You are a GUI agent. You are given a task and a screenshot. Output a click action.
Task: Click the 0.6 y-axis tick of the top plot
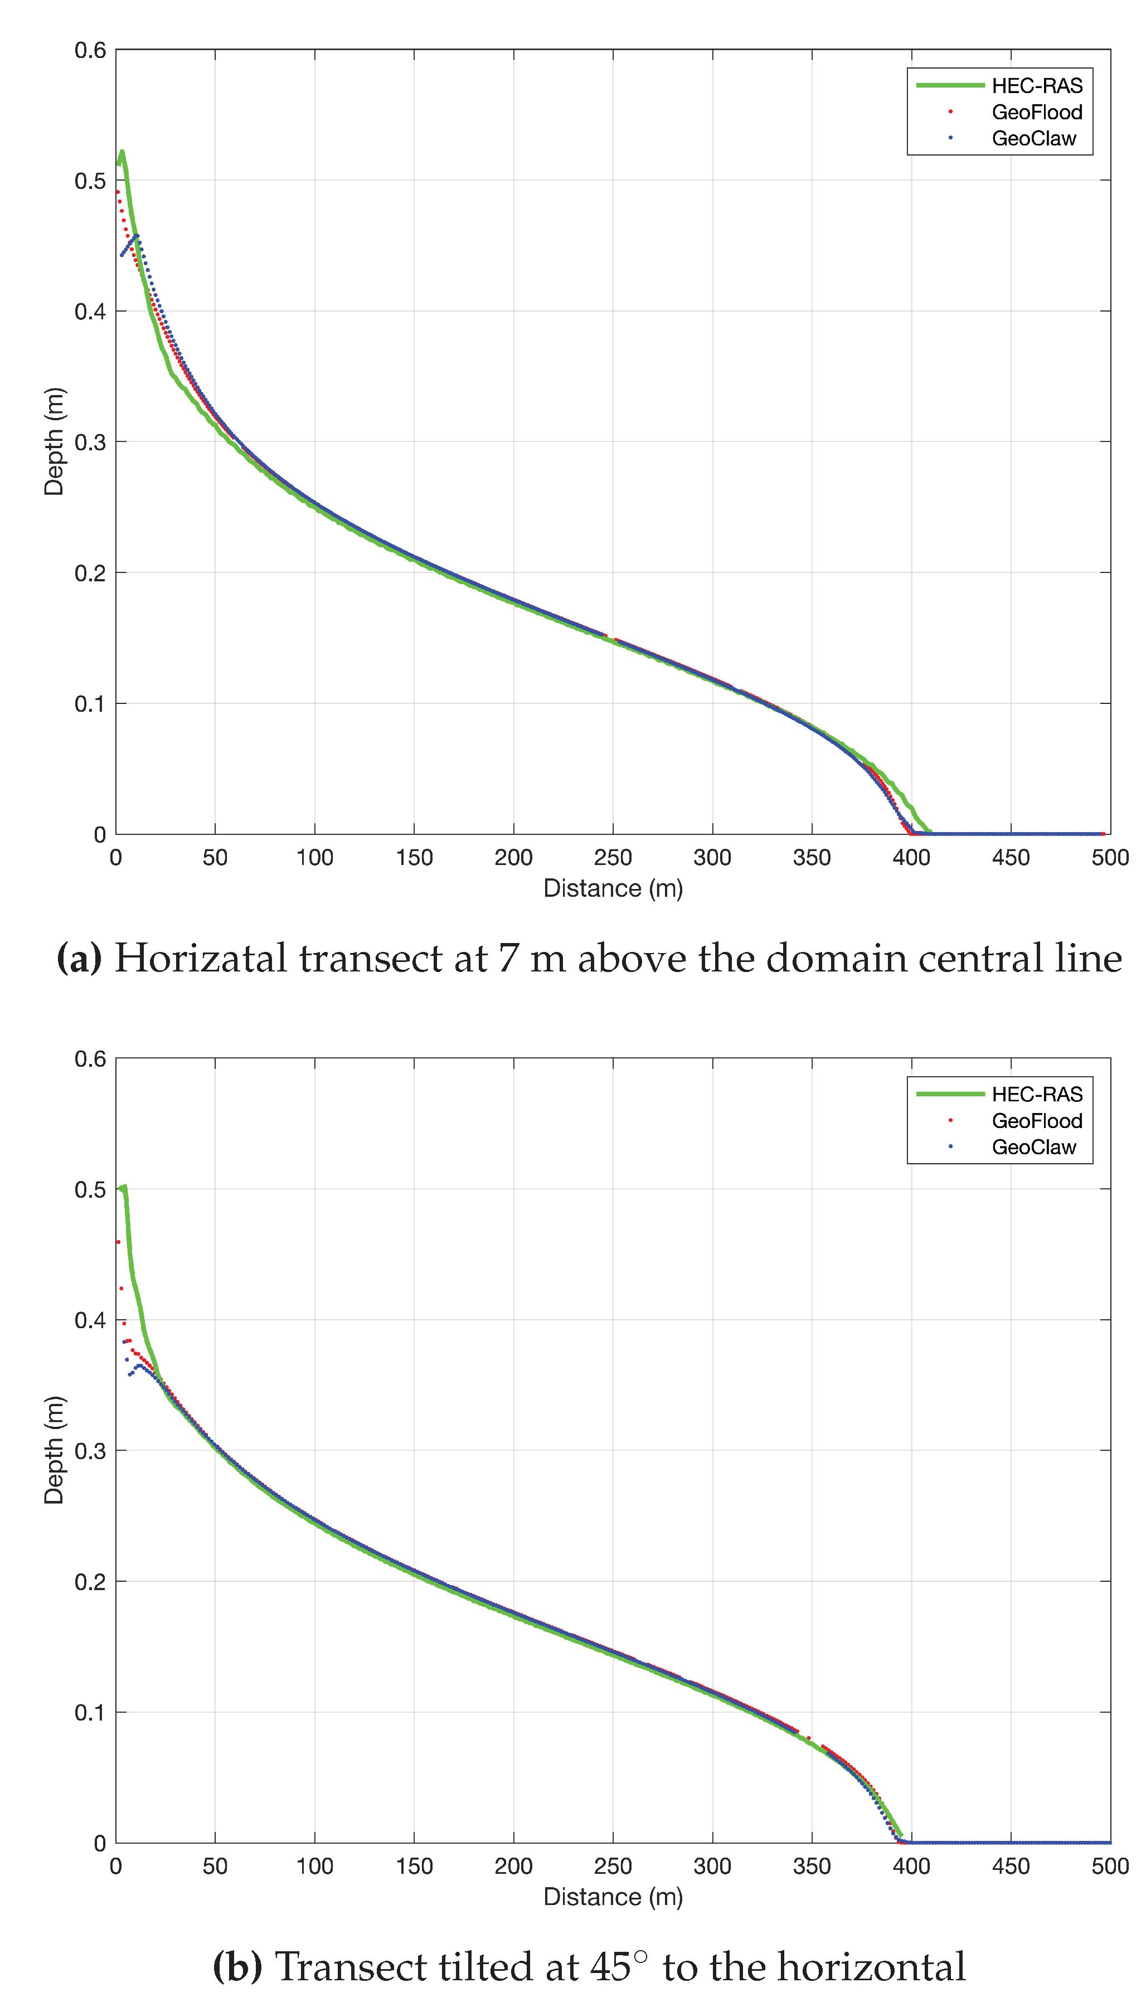[90, 50]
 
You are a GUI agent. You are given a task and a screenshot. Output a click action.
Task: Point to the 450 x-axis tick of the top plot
[1011, 857]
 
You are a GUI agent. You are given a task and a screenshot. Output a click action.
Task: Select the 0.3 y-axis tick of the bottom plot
[90, 1450]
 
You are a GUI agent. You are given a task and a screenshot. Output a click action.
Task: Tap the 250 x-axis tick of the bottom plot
[613, 1866]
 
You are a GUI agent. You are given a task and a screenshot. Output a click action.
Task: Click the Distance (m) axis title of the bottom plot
[613, 1897]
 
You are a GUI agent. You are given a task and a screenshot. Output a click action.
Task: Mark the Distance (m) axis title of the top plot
[613, 888]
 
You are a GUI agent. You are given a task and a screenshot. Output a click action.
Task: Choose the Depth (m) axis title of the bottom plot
[54, 1450]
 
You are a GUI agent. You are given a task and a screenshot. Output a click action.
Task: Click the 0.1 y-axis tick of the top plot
[90, 703]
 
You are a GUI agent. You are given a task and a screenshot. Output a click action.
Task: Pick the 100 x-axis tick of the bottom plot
[315, 1866]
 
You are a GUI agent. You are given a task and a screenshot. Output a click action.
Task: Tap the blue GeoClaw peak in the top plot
[136, 235]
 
